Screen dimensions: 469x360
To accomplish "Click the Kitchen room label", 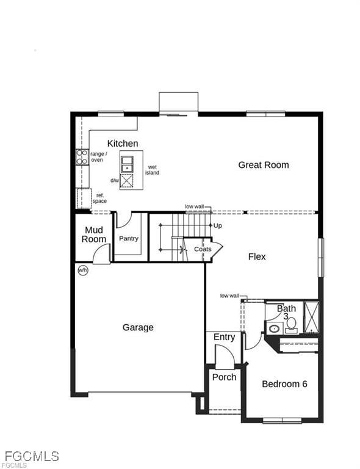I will click(123, 144).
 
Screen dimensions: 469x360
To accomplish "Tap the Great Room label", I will click(264, 165).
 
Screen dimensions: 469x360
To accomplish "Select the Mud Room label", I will click(94, 234).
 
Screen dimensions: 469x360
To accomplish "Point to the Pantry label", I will click(129, 238).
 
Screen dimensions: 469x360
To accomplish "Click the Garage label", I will click(138, 327).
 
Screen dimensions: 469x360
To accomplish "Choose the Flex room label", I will click(257, 256).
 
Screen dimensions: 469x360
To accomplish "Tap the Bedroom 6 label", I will click(284, 384).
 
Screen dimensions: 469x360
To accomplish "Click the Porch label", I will click(224, 377).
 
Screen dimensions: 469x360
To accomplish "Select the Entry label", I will click(224, 337).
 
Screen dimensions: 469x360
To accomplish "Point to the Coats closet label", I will click(203, 249).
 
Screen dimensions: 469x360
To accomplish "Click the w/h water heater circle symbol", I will click(82, 269).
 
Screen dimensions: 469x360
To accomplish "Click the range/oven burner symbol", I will click(82, 157).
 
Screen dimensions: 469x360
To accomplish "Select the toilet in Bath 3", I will click(291, 324).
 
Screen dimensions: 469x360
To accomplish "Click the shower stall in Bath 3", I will click(311, 316).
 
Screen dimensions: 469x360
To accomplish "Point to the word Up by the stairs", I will click(218, 225).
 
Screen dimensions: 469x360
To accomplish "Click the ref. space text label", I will click(99, 198).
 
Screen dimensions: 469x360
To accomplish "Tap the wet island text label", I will click(152, 170).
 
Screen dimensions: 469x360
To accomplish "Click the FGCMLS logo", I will click(32, 457).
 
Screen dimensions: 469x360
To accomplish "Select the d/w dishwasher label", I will click(115, 181).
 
